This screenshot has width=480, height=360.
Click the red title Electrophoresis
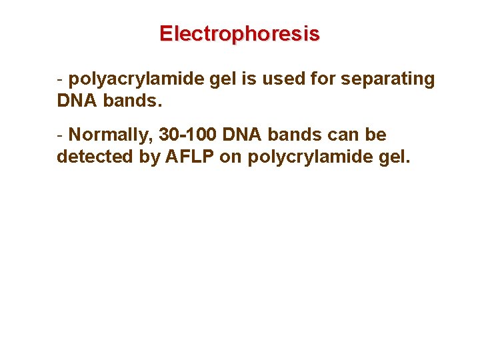[x=239, y=33]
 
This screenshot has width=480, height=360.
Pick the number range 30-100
[x=189, y=135]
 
